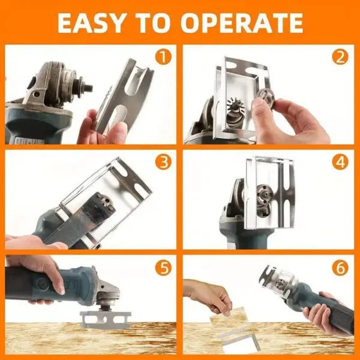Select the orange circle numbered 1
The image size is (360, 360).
click(x=162, y=58)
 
